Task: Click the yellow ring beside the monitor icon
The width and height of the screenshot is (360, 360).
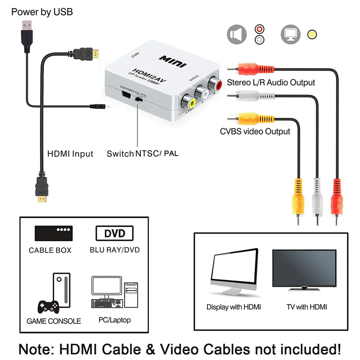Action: pos(311,34)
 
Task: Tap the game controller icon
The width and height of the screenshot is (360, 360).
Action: pos(48,307)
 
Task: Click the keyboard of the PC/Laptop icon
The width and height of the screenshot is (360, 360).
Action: pos(107,303)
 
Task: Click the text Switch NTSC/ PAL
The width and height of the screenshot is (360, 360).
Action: pos(142,154)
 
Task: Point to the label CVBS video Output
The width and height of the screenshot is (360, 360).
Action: pos(255,131)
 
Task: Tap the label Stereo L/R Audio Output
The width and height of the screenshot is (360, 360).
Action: pos(271,82)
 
